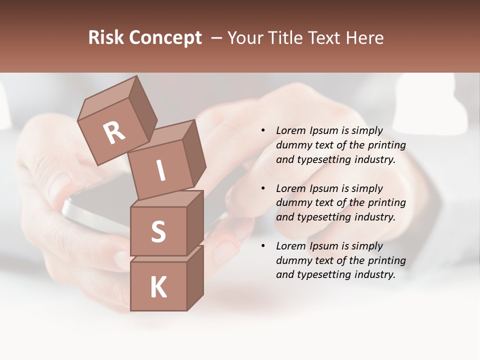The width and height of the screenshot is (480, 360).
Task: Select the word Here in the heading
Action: click(x=365, y=38)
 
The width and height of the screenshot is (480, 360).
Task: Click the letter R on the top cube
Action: click(x=114, y=132)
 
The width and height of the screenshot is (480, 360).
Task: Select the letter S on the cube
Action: click(x=158, y=231)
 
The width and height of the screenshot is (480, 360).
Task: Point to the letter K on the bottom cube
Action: click(x=158, y=287)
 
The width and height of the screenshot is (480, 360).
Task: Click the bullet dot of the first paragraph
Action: click(x=263, y=131)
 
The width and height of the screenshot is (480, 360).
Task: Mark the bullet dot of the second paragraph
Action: click(x=263, y=188)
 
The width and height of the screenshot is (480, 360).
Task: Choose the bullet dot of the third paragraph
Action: click(x=263, y=246)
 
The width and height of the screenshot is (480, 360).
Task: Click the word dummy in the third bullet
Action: click(x=292, y=260)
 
